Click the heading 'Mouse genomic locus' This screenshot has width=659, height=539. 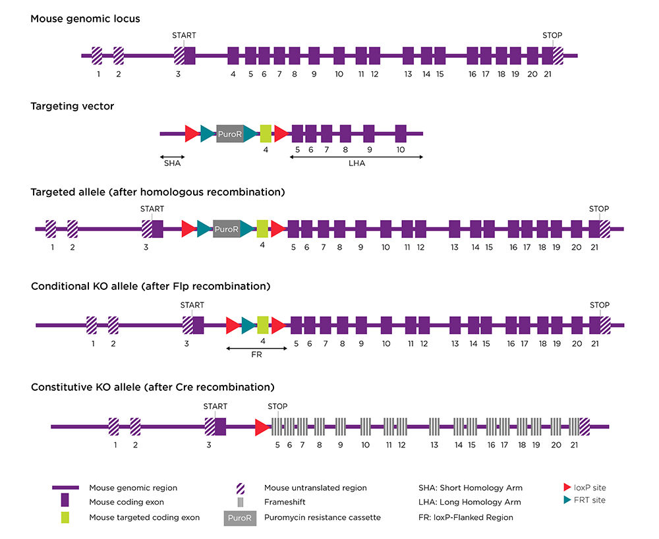tap(85, 18)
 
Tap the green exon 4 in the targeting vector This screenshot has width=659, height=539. tap(266, 134)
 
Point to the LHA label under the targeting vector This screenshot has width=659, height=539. tap(357, 163)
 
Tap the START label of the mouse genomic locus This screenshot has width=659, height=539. tap(184, 35)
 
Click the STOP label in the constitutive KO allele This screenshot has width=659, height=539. tap(277, 406)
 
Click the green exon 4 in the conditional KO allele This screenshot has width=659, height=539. tap(262, 325)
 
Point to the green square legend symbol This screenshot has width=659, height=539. tap(65, 518)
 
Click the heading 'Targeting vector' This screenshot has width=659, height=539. tap(72, 106)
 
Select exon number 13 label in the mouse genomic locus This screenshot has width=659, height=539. tap(408, 74)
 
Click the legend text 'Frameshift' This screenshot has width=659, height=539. tap(284, 503)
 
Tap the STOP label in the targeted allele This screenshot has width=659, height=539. tap(599, 209)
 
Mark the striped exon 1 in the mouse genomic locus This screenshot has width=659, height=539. tap(97, 55)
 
